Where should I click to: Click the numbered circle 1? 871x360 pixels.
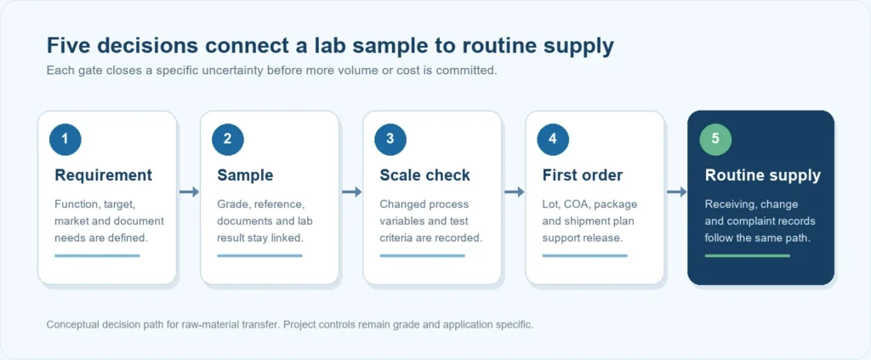(x=65, y=139)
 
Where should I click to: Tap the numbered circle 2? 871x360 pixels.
(x=228, y=139)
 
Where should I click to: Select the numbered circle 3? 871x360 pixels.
(x=390, y=139)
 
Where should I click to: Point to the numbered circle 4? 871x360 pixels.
(x=553, y=139)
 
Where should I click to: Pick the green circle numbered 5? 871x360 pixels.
(x=715, y=139)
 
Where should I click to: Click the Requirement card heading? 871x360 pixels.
(x=103, y=175)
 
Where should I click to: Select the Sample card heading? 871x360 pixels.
(x=245, y=175)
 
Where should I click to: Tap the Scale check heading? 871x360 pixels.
(x=425, y=175)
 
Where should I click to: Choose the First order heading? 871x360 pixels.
(x=583, y=175)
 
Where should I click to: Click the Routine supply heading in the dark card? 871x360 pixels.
(x=763, y=175)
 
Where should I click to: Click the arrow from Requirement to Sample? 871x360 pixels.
(x=189, y=191)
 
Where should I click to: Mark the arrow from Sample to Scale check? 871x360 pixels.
(x=351, y=191)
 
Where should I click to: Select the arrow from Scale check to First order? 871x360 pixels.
(x=515, y=191)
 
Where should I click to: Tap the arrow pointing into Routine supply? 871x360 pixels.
(x=676, y=191)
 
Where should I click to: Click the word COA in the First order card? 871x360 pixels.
(x=577, y=204)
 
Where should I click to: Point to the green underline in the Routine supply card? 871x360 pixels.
(x=747, y=255)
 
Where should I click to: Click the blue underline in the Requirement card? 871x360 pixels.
(x=97, y=255)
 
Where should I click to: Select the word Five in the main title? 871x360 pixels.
(x=66, y=46)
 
